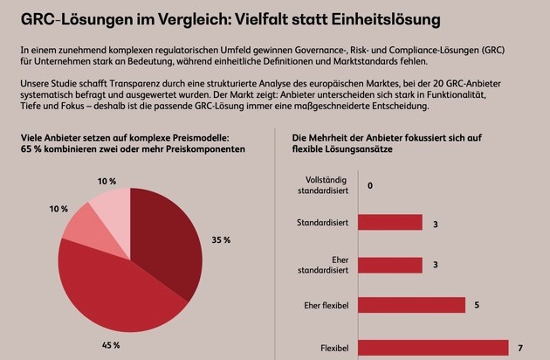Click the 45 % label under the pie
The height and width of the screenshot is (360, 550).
(110, 346)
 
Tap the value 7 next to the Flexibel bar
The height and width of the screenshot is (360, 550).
(519, 348)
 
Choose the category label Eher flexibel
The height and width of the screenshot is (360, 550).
(324, 306)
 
